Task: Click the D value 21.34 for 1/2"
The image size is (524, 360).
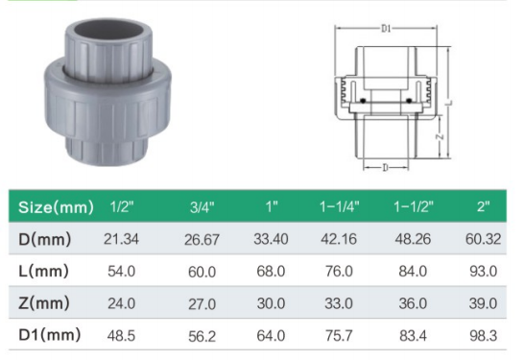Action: click(x=121, y=239)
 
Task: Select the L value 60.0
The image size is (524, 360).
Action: click(x=202, y=272)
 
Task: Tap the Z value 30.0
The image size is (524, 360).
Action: click(x=271, y=303)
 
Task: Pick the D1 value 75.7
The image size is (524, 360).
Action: click(x=339, y=336)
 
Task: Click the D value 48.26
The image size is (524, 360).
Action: click(x=413, y=239)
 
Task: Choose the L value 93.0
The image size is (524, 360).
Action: click(x=484, y=271)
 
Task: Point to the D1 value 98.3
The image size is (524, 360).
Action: click(x=484, y=336)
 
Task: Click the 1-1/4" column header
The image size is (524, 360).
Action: click(x=339, y=206)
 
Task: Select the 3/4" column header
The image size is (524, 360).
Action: click(x=202, y=207)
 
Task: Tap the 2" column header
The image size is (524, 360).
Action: click(x=484, y=206)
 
